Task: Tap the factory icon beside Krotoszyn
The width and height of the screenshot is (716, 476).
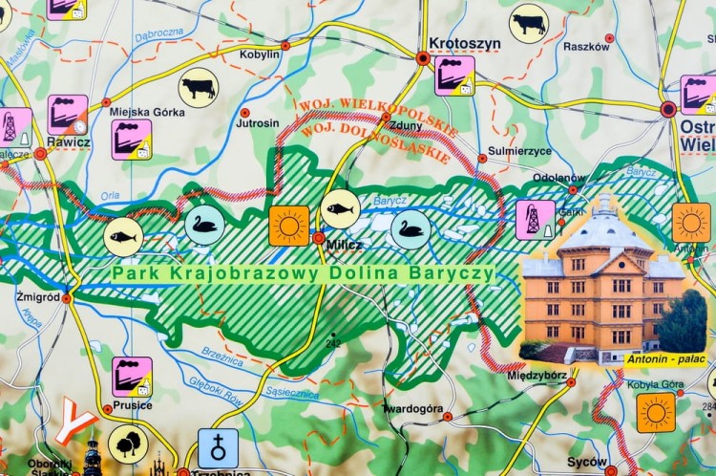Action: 454,76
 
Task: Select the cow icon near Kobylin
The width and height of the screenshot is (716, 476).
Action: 199,87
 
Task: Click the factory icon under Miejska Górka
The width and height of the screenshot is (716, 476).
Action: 131,140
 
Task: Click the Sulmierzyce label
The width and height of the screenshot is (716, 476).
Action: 519,151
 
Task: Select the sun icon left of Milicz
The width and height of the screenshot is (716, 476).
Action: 289,226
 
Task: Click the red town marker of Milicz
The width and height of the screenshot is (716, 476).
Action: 318,237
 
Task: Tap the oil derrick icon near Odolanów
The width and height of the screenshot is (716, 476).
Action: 536,220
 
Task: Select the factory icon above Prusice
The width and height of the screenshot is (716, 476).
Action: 132,377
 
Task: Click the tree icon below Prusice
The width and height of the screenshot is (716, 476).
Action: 128,444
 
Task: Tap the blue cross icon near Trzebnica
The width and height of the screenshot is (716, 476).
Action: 218,447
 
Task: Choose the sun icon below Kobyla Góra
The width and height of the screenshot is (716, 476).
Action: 656,413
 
